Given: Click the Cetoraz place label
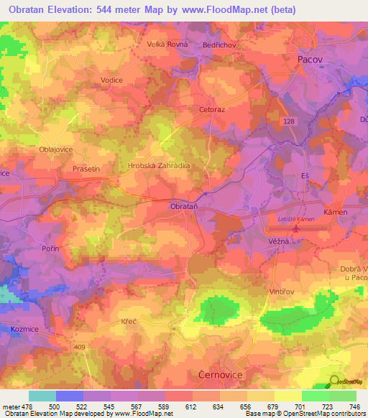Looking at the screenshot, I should click(213, 110).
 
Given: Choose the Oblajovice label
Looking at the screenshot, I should click(56, 149).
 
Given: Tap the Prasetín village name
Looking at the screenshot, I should click(86, 168).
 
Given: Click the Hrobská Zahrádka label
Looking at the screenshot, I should click(159, 164).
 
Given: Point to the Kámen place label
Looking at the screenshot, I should click(336, 213).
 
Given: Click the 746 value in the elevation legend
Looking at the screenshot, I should click(355, 407).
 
